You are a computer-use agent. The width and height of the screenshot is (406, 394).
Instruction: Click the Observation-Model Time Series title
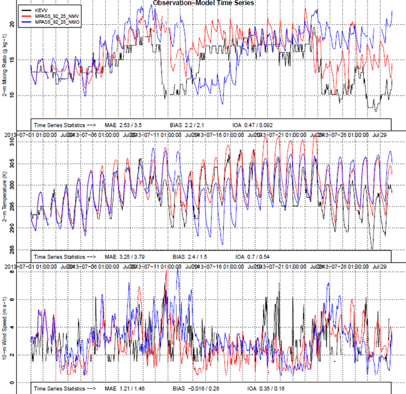203,3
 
